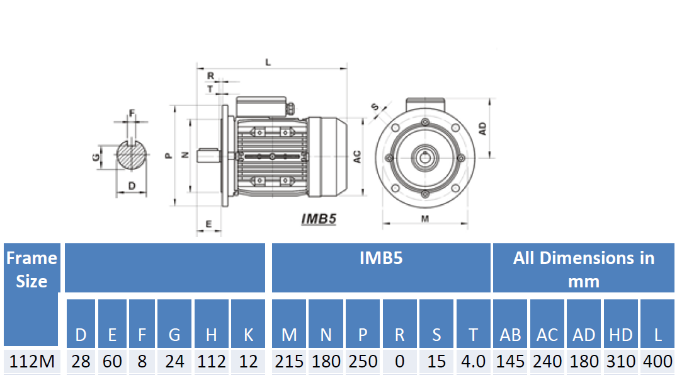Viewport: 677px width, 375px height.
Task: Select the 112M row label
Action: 31,362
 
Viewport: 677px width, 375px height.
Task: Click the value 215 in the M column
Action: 289,362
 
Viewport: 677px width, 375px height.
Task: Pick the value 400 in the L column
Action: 657,362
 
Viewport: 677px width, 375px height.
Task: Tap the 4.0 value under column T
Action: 473,362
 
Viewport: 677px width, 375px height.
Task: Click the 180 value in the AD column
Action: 584,362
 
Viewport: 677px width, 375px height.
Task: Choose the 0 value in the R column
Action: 399,362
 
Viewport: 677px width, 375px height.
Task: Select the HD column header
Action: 620,335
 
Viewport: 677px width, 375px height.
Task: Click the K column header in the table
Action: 248,335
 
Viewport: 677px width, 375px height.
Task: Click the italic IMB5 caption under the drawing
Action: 319,219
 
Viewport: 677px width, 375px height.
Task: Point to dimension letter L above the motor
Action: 268,62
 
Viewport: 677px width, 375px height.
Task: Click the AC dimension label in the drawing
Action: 356,157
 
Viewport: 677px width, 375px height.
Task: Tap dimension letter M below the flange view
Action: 425,219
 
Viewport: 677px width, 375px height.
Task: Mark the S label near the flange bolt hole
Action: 375,108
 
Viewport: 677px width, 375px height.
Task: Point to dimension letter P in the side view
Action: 168,154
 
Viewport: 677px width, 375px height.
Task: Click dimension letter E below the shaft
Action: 208,224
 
